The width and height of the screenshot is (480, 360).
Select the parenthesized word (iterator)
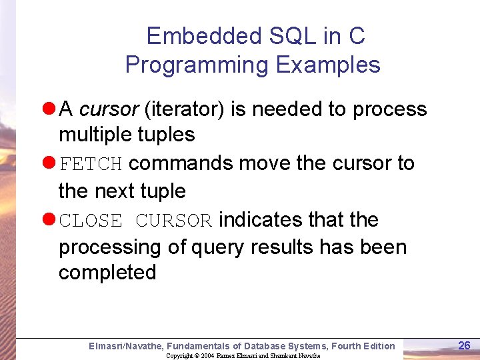click(x=182, y=109)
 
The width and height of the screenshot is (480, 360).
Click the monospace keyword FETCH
click(x=91, y=164)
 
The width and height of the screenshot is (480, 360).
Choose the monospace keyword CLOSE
click(x=91, y=221)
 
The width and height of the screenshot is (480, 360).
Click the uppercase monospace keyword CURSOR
click(x=173, y=221)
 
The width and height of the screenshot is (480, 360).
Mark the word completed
click(x=107, y=273)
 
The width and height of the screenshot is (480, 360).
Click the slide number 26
click(x=465, y=345)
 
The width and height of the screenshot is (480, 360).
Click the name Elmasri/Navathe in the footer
click(x=125, y=346)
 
